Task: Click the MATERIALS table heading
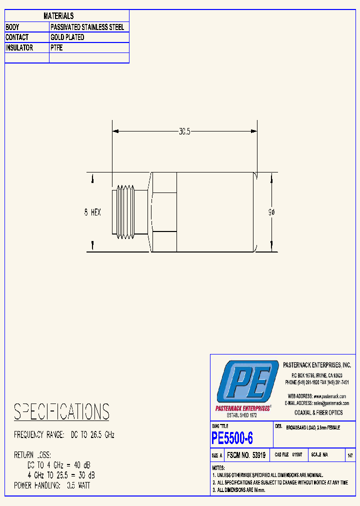pos(58,16)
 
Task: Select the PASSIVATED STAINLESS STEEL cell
pos(87,27)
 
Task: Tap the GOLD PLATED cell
pos(67,37)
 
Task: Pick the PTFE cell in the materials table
pos(56,48)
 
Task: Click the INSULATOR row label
pos(19,48)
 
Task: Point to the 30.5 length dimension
pos(184,131)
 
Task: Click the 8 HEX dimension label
pos(92,212)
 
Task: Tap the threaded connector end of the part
pos(127,211)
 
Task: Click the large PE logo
pos(247,382)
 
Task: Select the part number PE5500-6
pos(232,438)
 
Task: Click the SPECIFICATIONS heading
pos(61,412)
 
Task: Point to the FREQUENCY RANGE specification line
pos(64,435)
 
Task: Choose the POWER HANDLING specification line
pos(52,485)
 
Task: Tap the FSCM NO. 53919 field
pos(246,455)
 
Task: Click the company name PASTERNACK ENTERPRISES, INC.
pos(317,365)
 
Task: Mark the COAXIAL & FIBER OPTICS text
pos(319,412)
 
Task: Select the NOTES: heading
pos(218,467)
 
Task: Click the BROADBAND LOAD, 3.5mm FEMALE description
pos(313,428)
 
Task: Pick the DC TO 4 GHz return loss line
pos(59,465)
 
